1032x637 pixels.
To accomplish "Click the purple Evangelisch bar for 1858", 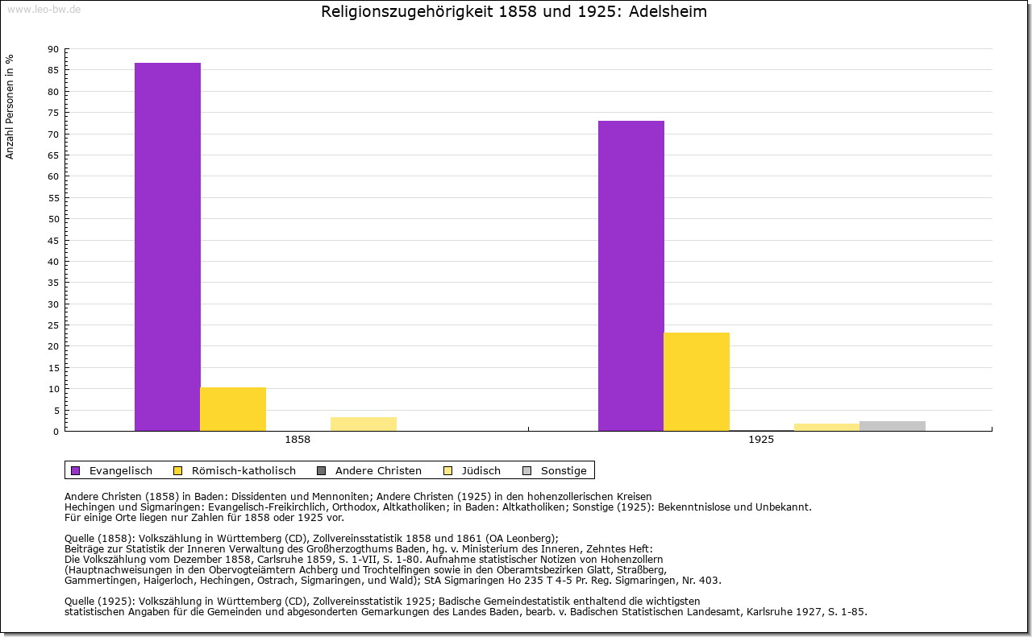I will click(168, 246).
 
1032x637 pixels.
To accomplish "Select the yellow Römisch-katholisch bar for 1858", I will click(233, 409).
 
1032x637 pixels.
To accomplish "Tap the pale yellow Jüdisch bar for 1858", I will click(364, 424).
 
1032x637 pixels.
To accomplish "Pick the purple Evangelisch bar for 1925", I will click(631, 275).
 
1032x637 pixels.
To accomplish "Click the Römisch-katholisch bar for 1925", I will click(697, 382).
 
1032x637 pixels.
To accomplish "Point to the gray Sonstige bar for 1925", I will click(893, 426).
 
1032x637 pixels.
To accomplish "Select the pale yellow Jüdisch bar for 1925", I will click(827, 427).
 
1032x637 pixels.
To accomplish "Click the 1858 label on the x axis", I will click(298, 441).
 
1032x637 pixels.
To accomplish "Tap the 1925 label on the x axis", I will click(761, 441).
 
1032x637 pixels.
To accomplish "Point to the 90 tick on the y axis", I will click(53, 49).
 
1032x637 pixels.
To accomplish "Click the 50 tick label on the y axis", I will click(53, 219).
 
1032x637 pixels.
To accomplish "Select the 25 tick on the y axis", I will click(53, 325).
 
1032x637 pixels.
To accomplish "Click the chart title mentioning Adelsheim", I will click(514, 12).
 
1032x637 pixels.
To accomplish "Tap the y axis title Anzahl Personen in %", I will click(10, 107).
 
